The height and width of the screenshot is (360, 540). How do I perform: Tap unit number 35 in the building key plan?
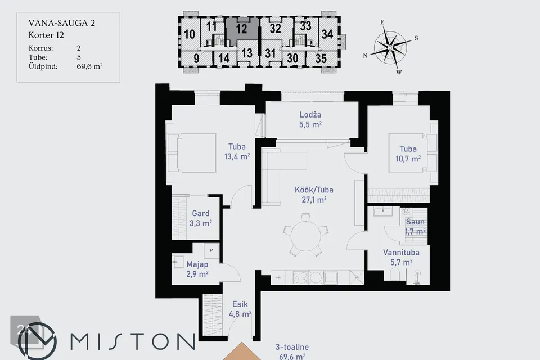(321, 58)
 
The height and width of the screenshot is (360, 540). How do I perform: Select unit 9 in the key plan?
(196, 58)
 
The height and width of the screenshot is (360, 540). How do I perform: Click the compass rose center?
(390, 47)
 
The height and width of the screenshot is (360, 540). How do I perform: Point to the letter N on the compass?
(365, 56)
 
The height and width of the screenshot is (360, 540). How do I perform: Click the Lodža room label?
(310, 115)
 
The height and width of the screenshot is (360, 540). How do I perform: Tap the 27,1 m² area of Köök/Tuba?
(314, 200)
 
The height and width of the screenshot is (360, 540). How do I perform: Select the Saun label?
(415, 222)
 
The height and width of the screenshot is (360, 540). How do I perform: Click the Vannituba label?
(401, 252)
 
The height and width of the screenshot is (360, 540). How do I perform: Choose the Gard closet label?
(200, 213)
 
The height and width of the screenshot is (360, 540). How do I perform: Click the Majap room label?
(197, 264)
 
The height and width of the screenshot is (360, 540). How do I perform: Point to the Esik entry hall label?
(240, 304)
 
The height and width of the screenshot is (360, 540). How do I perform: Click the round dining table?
(306, 235)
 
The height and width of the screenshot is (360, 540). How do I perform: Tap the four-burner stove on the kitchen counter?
(300, 277)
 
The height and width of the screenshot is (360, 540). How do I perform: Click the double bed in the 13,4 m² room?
(192, 153)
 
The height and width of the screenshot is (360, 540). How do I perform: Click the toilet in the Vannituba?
(395, 276)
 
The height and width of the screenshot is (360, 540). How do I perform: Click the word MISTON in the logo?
(132, 341)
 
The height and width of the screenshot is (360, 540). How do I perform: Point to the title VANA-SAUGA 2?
(62, 23)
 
